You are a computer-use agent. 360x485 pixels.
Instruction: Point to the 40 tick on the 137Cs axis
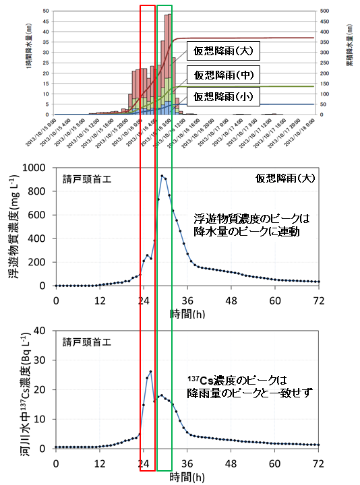pos(44,331)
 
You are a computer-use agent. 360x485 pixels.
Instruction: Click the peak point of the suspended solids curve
pos(162,176)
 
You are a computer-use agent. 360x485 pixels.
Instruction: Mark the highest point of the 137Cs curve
pos(150,371)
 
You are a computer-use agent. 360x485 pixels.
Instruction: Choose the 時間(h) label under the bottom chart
pos(187,476)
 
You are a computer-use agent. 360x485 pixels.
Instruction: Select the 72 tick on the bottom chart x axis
pos(319,463)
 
